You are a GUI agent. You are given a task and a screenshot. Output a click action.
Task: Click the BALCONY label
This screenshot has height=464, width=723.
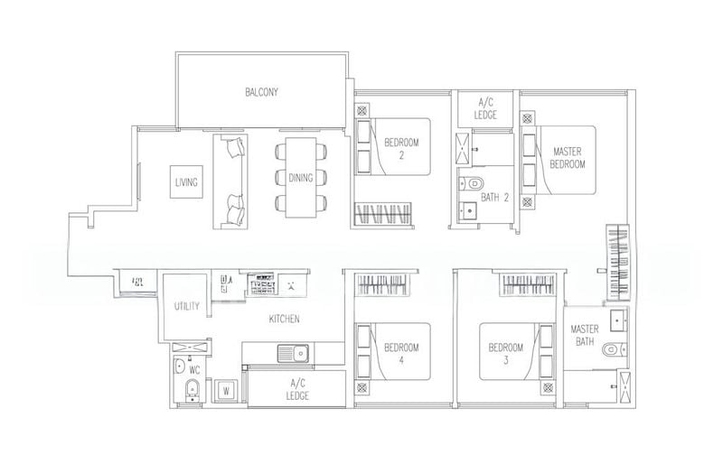point(260,92)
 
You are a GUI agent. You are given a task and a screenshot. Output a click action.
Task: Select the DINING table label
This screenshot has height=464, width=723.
point(301,178)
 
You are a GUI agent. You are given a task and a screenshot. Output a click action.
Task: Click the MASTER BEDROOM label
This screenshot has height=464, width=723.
point(568,158)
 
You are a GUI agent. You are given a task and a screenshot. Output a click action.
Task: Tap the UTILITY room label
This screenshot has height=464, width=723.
point(187,307)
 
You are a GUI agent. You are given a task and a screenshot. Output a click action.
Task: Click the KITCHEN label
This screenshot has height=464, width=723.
point(284,319)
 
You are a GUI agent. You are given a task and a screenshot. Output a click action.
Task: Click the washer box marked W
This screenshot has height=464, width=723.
point(226,391)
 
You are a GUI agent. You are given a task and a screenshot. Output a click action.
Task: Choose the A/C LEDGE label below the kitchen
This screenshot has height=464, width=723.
point(297,390)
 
